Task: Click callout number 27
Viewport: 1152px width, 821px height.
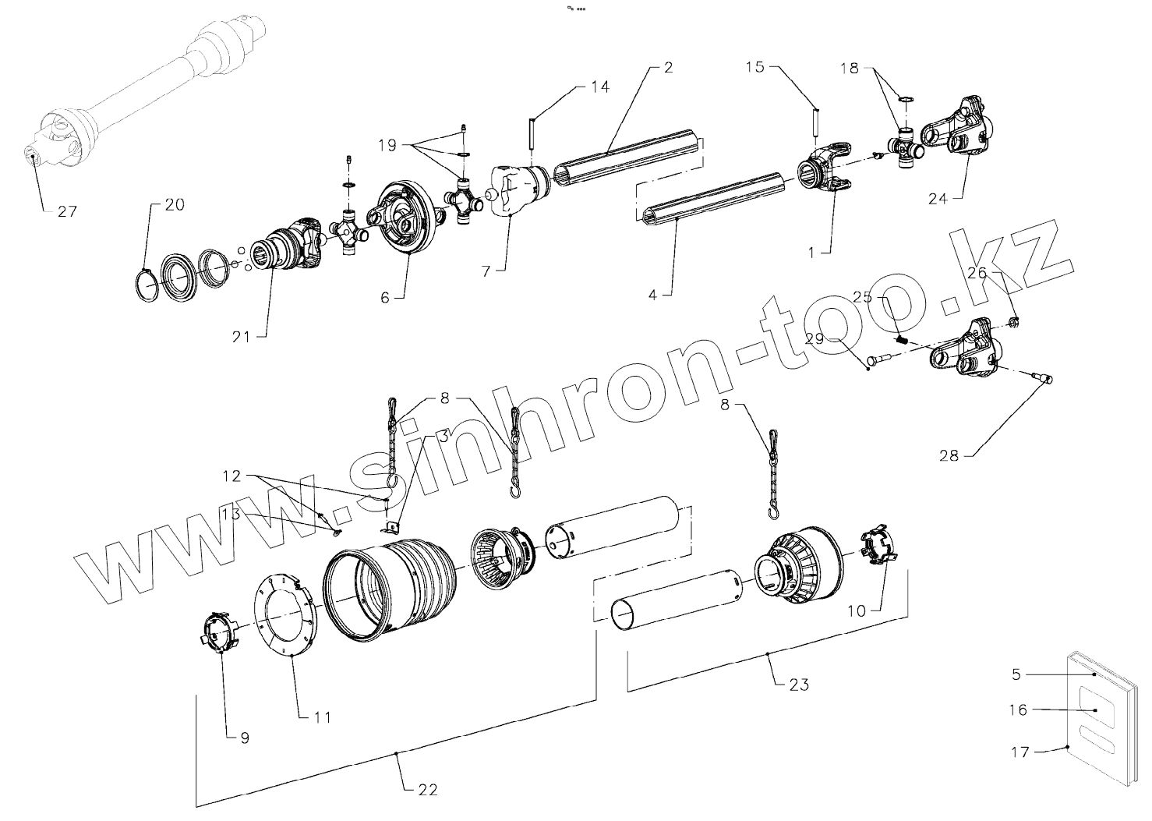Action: click(67, 211)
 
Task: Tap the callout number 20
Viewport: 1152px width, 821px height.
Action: click(174, 205)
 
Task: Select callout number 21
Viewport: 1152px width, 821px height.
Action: click(242, 336)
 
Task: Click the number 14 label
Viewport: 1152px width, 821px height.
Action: click(599, 87)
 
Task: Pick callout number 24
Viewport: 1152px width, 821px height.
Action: click(938, 199)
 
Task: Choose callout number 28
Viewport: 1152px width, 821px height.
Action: click(949, 455)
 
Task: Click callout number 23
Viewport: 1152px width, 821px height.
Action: click(798, 685)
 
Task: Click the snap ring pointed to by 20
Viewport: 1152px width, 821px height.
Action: click(146, 285)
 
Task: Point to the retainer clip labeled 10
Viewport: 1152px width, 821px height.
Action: click(879, 547)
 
